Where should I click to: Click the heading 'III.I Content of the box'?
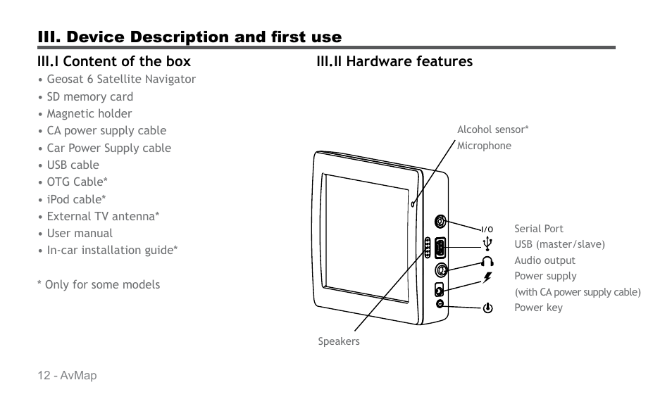tap(114, 61)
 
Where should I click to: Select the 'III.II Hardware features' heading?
tap(394, 61)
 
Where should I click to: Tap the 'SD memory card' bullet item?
tap(89, 96)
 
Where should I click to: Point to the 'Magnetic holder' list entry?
tap(89, 113)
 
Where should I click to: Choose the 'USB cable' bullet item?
tap(73, 165)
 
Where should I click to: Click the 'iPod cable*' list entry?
tap(77, 199)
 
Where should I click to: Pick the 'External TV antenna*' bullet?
tap(103, 216)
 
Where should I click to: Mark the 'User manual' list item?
tap(80, 233)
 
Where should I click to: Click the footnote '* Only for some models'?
tap(99, 284)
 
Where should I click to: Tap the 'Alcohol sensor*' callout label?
tap(493, 129)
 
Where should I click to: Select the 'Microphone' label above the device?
tap(484, 146)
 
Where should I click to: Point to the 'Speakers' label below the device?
tap(339, 341)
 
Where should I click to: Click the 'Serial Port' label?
tap(539, 229)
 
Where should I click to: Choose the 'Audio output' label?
tap(545, 260)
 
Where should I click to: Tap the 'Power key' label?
tap(538, 308)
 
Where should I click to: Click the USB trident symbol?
tap(487, 244)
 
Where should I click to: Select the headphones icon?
tap(487, 260)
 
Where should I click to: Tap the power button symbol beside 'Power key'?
tap(487, 308)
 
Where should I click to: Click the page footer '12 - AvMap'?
tap(68, 376)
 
